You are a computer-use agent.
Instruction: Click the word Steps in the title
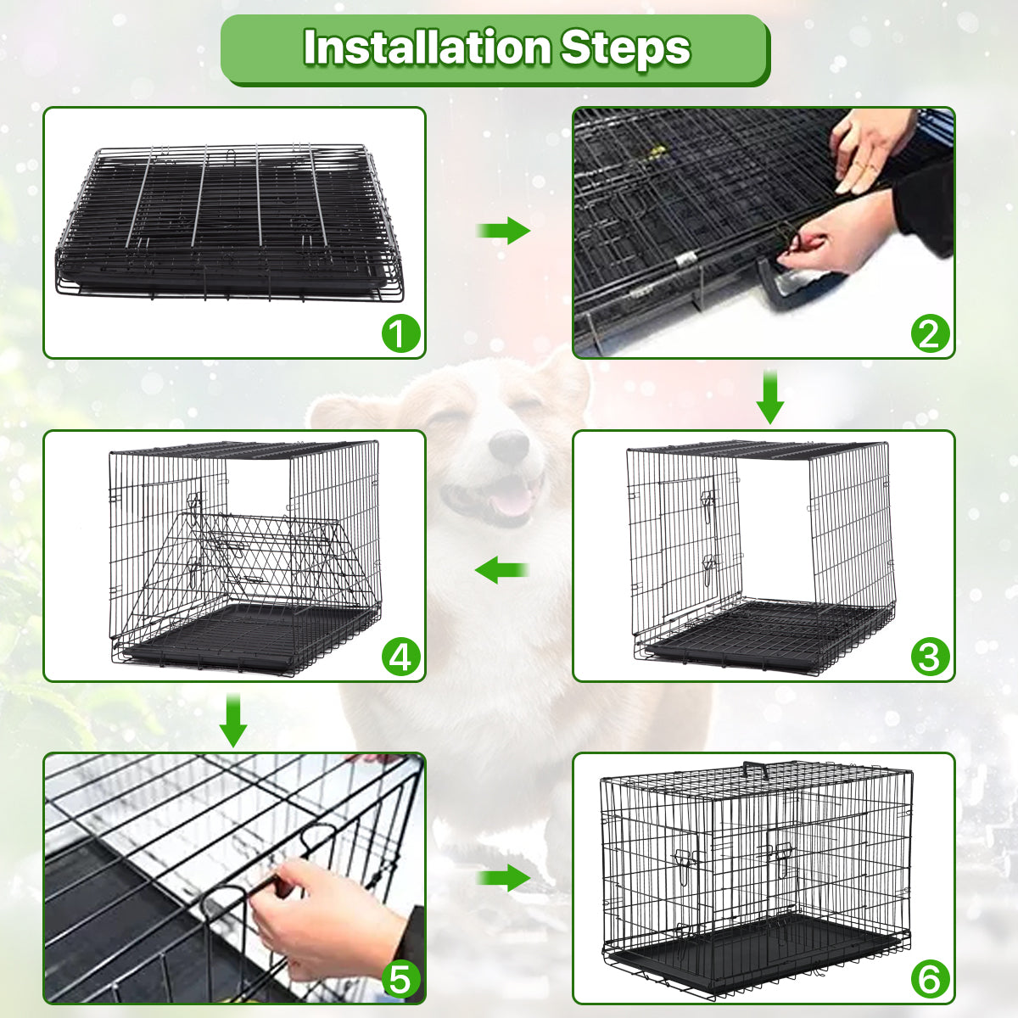coord(625,48)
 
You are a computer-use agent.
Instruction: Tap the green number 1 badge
coord(400,333)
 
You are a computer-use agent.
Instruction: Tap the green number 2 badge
coord(930,333)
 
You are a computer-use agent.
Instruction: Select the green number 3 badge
coord(930,657)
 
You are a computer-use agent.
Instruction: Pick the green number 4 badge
coord(400,657)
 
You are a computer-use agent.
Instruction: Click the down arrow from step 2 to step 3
coord(769,396)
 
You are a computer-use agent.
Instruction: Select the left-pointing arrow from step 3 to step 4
coord(501,569)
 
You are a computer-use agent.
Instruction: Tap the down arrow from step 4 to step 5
coord(233,720)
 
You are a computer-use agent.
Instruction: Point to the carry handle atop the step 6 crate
coord(755,769)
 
